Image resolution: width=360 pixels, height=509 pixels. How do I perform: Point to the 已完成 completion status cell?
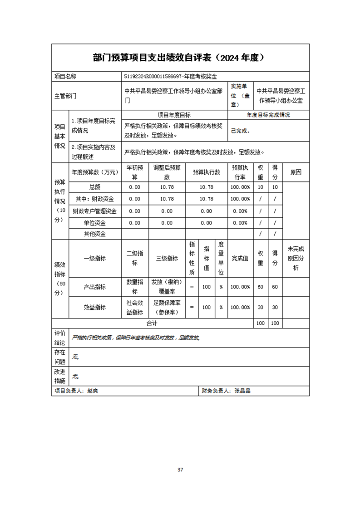[x=240, y=131]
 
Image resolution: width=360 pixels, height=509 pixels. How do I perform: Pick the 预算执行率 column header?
[x=240, y=172]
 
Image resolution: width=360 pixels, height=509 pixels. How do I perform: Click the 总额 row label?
[x=95, y=187]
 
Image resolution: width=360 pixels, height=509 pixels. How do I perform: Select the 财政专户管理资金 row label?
[x=95, y=211]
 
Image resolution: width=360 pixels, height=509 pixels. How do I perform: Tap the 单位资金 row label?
[x=95, y=223]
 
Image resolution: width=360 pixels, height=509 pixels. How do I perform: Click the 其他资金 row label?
[x=95, y=234]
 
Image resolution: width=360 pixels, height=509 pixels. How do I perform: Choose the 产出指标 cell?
[x=95, y=287]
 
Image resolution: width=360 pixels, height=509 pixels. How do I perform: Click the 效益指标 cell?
[x=95, y=307]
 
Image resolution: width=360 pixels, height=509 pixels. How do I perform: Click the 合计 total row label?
[x=152, y=323]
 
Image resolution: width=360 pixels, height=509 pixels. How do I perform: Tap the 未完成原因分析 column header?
[x=296, y=258]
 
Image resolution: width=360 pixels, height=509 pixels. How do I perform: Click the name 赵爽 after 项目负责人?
[x=92, y=391]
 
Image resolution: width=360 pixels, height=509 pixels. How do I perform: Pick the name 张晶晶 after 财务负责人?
[x=242, y=391]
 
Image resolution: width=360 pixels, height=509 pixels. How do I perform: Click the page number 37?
[x=180, y=470]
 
